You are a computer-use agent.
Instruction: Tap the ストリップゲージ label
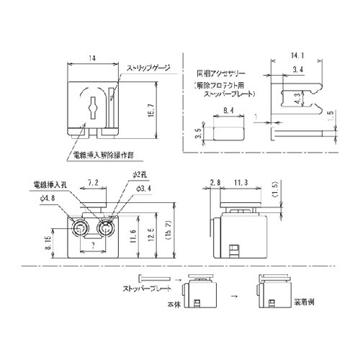click(148, 68)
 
